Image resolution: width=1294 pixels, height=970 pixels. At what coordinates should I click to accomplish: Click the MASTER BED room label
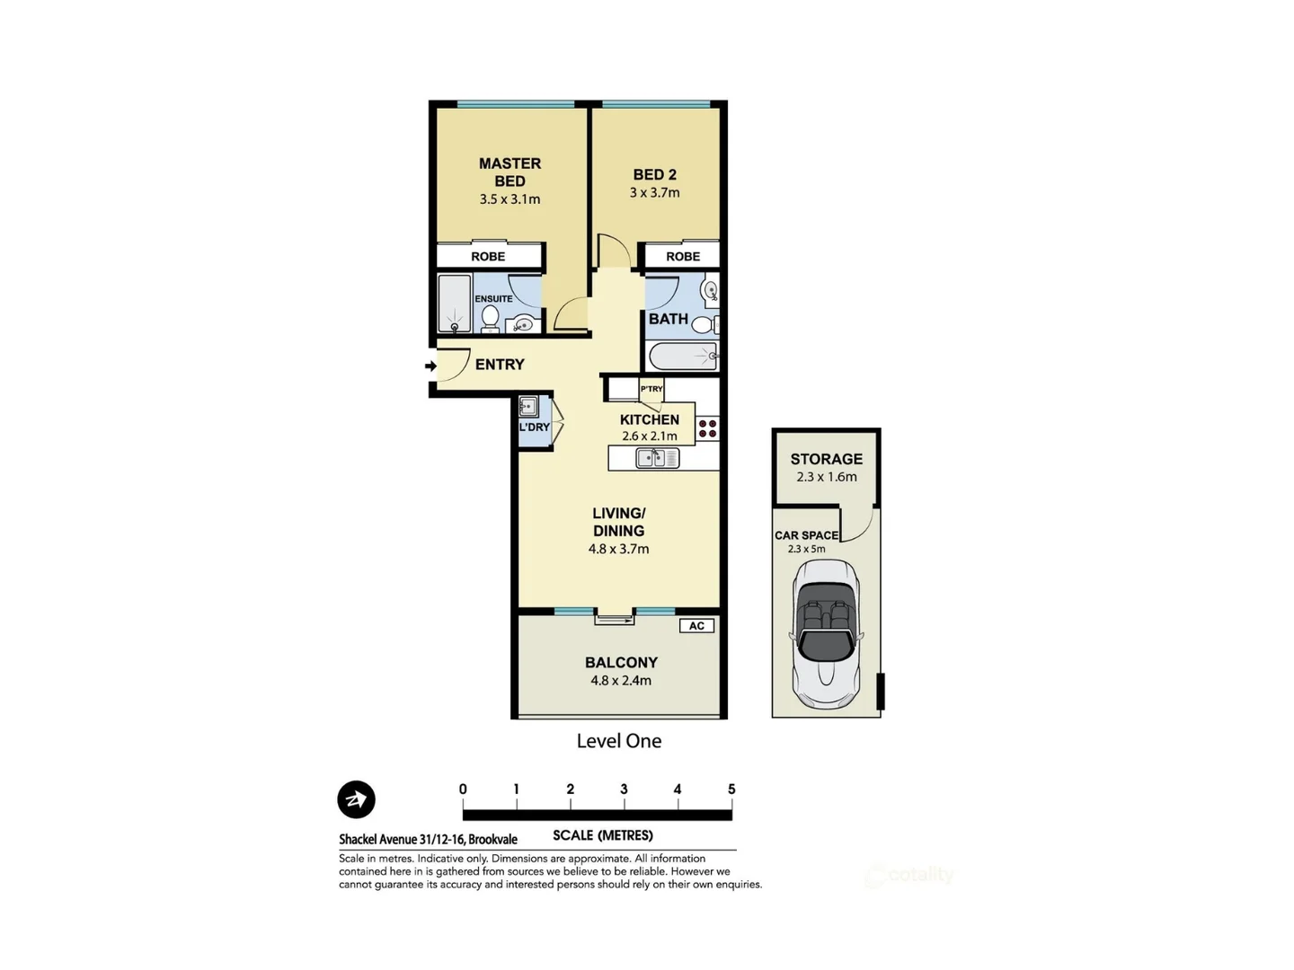point(510,172)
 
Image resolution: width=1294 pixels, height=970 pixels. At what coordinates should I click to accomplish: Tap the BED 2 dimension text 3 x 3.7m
point(654,193)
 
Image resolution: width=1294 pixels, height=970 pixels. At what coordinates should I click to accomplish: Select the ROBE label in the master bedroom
point(488,257)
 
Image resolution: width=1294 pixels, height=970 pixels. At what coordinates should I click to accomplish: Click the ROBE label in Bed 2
point(683,257)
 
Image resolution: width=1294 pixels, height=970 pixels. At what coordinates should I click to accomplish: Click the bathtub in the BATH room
point(683,357)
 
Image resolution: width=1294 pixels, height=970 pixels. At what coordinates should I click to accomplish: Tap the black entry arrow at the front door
point(430,366)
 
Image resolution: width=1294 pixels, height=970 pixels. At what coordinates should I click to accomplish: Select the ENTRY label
point(500,365)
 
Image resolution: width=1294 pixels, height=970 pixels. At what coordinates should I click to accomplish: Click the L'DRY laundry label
point(534,428)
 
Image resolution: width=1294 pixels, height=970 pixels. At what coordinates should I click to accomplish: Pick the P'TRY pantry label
point(651,389)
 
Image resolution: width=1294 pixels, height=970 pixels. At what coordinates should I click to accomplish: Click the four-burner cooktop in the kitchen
point(707,428)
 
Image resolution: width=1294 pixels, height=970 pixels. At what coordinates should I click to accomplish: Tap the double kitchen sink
point(658,458)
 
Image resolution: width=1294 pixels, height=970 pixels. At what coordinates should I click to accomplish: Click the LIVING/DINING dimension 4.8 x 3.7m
point(618,549)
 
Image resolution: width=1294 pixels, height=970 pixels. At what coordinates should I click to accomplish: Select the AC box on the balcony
point(696,626)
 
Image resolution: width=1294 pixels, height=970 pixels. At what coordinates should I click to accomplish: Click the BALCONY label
point(621,663)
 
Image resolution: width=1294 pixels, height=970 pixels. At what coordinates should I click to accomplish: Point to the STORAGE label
point(826,459)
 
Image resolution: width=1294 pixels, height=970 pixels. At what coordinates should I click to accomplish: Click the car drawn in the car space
point(826,632)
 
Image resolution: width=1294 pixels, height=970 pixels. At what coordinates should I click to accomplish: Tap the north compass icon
point(356,799)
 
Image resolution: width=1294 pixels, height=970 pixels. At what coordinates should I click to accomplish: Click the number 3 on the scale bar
point(624,789)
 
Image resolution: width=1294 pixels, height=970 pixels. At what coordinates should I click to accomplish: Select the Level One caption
point(618,741)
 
